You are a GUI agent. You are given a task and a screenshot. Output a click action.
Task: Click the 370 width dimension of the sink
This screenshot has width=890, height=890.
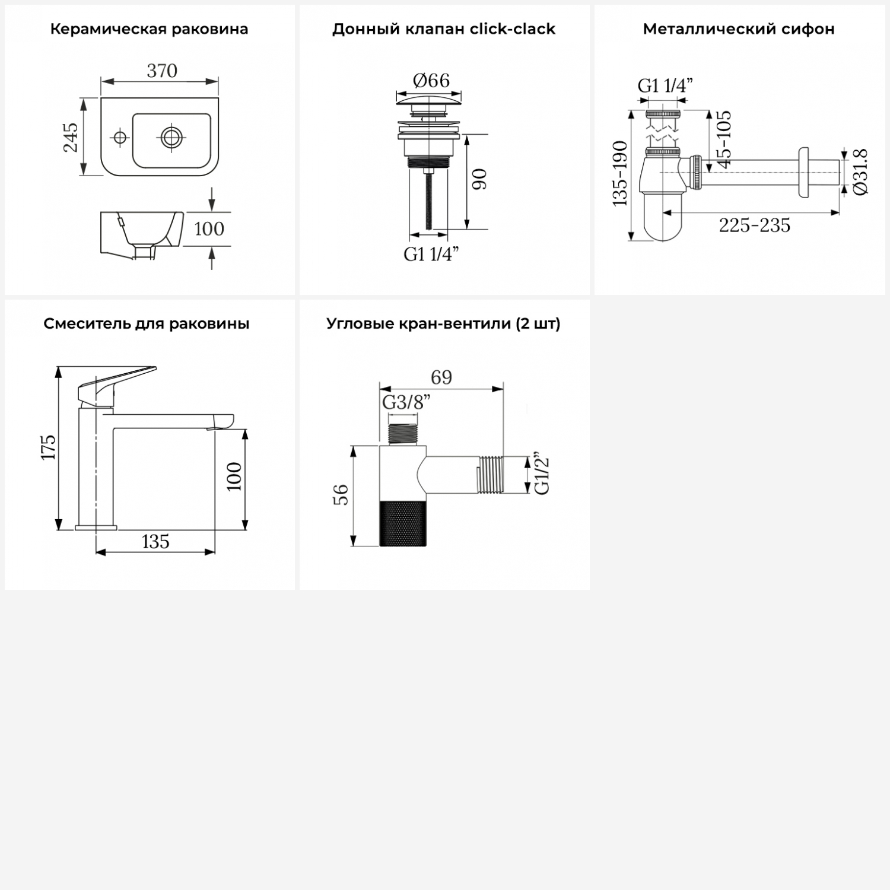tap(162, 71)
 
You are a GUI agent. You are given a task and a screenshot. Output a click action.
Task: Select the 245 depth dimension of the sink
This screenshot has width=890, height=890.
tap(71, 137)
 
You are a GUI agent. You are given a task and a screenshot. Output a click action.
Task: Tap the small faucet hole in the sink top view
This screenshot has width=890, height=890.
tap(120, 138)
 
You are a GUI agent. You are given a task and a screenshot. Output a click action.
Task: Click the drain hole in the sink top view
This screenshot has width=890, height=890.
tap(171, 138)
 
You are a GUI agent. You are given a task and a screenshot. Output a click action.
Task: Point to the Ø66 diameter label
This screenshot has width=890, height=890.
tap(431, 80)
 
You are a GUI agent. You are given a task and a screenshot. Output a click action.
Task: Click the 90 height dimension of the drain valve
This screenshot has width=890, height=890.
tap(479, 179)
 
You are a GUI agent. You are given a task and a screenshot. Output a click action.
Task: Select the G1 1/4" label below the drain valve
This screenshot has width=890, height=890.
tap(431, 254)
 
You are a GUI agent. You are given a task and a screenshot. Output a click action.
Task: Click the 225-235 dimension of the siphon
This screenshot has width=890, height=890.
tap(755, 225)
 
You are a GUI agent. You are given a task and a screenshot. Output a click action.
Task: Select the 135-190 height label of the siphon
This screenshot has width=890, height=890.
tap(620, 174)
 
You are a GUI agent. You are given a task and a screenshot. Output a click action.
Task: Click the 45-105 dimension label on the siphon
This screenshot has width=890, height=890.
tap(724, 139)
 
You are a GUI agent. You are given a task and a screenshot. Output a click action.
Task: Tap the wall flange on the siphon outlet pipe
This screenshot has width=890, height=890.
tap(804, 172)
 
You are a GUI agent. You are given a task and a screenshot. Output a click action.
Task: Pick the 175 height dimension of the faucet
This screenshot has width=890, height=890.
tap(48, 447)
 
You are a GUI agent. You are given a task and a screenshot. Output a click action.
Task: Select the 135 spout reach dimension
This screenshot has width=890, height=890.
tap(155, 542)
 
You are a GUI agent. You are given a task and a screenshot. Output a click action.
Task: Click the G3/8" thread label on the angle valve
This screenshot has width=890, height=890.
tap(406, 402)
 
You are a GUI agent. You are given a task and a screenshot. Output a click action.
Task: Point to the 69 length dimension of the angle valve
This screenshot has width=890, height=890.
tap(441, 377)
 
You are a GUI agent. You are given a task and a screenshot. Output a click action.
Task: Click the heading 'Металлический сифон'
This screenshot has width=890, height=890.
tap(739, 29)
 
